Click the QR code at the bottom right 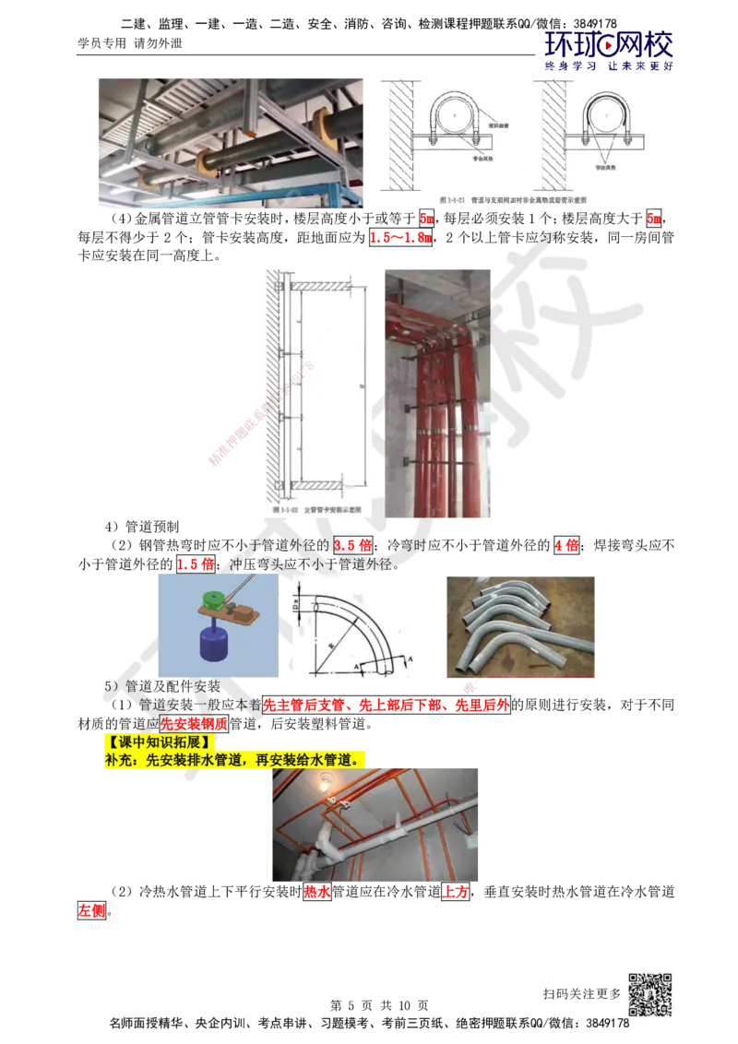click(x=654, y=995)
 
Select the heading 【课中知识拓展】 click(x=158, y=741)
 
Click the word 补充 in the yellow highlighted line click(x=119, y=759)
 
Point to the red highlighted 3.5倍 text click(x=351, y=545)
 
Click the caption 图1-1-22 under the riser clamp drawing click(x=304, y=509)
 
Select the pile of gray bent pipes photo click(x=519, y=626)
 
